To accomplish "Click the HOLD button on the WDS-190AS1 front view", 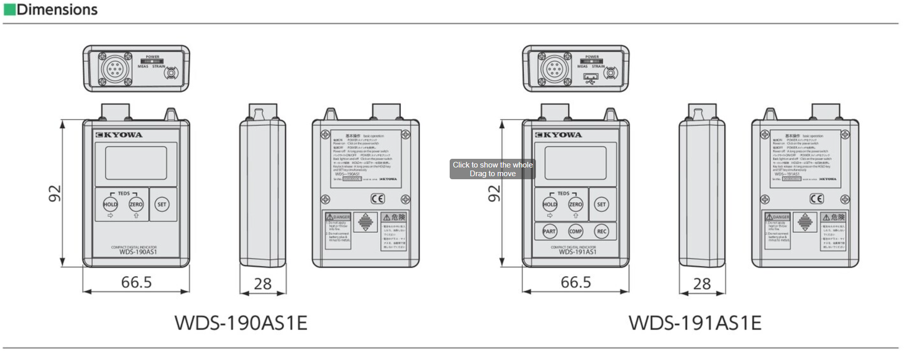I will coord(110,204).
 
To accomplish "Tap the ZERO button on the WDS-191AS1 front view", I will coord(575,204).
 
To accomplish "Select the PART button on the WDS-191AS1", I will coord(549,231).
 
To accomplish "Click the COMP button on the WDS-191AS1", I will coord(575,231).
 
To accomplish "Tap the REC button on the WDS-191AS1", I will coord(602,231).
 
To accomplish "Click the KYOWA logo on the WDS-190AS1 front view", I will coord(119,135).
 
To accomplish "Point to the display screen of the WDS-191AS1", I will coord(575,163).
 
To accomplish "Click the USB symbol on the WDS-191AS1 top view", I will coord(591,79).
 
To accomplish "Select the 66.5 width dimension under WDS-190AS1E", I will coord(136,282).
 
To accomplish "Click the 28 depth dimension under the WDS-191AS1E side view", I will coord(702,284).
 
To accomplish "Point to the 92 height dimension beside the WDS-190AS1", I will coord(55,194).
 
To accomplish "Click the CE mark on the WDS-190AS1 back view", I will coord(378,199).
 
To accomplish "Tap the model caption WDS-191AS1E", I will coord(695,323).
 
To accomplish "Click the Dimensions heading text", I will coord(57,10).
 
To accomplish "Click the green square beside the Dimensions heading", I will coord(9,10).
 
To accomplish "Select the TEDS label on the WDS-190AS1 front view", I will coord(124,194).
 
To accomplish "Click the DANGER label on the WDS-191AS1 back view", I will coord(778,217).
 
